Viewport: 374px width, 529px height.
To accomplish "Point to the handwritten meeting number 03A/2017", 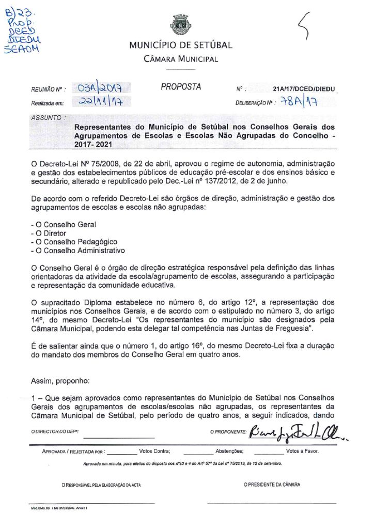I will coord(102,88).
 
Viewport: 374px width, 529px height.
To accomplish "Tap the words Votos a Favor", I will coord(302,451).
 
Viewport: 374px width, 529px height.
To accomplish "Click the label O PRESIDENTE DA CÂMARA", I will coord(272,485).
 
